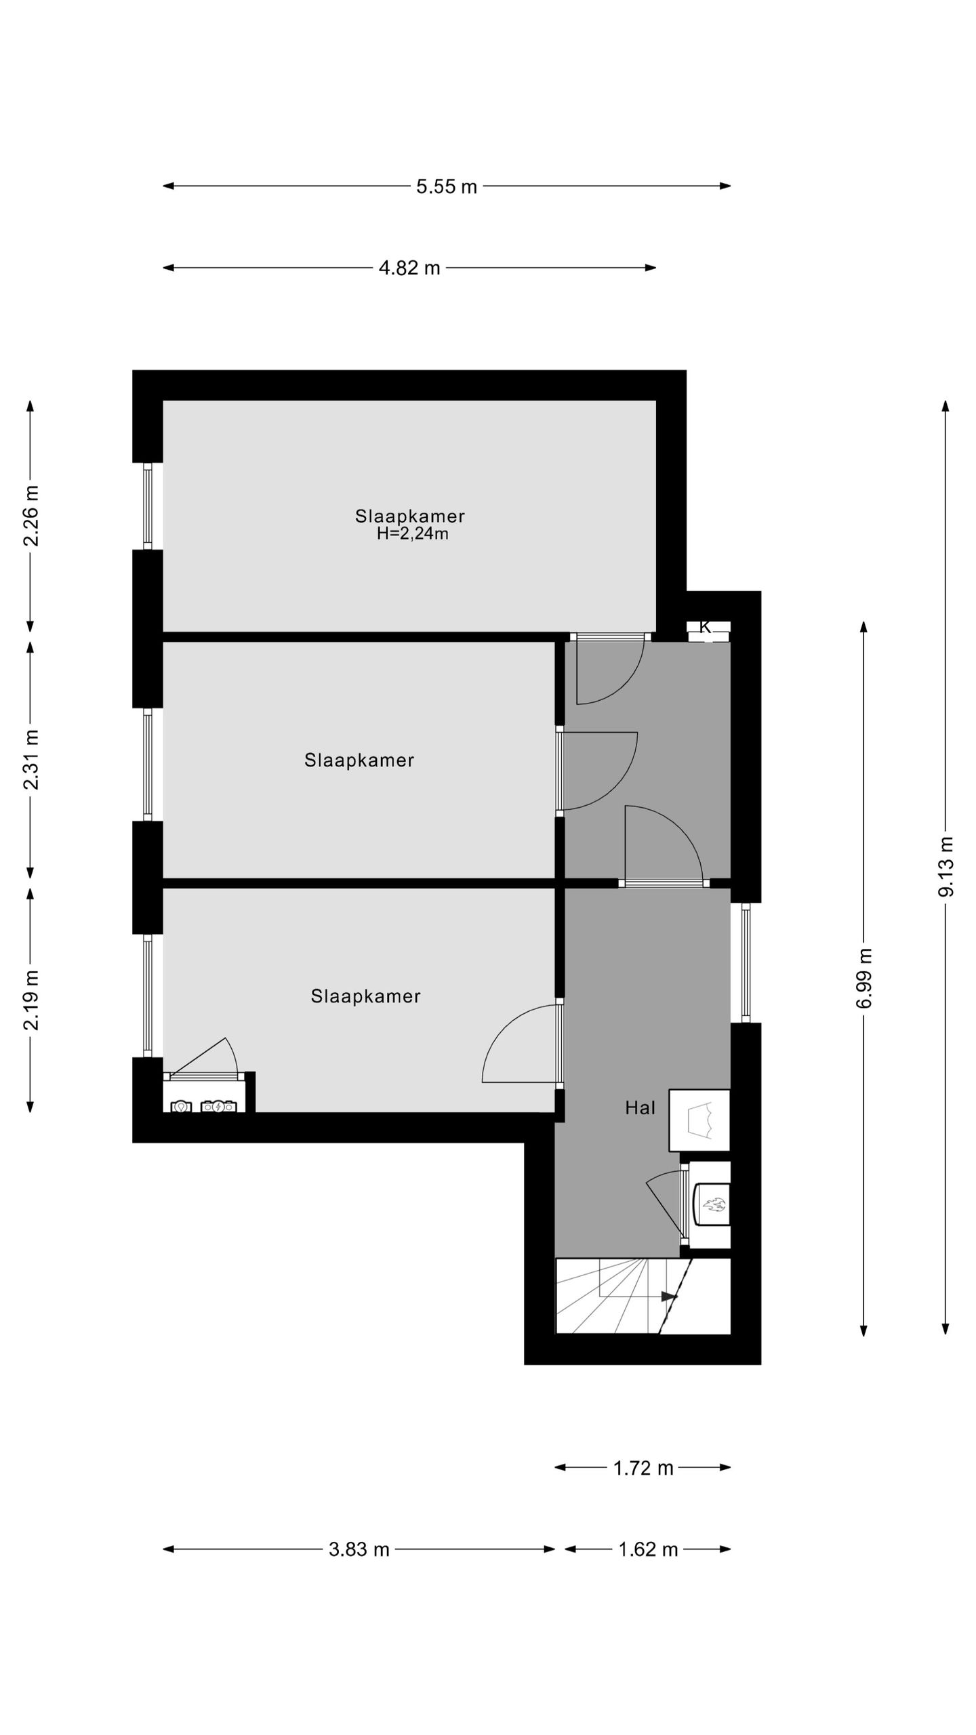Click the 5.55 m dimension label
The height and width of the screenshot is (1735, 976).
click(446, 186)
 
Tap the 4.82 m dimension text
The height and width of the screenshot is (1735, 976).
click(409, 268)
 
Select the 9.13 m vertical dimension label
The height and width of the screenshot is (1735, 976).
click(945, 867)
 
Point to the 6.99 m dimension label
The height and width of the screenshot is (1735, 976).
click(864, 978)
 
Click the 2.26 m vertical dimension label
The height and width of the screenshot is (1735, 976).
click(31, 515)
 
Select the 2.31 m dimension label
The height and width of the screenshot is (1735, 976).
click(31, 759)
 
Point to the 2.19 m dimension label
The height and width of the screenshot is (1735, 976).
click(31, 1000)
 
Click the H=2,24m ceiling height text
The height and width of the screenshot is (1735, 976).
click(412, 534)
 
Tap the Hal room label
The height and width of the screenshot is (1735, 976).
click(640, 1108)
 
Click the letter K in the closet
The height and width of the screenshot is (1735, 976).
click(705, 627)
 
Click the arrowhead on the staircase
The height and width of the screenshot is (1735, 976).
click(669, 1296)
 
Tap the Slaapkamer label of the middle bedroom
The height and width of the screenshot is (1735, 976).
click(359, 760)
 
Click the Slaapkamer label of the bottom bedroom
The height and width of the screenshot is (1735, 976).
click(365, 996)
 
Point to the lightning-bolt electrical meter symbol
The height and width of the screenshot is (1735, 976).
click(218, 1107)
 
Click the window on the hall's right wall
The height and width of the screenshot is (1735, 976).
click(746, 963)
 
